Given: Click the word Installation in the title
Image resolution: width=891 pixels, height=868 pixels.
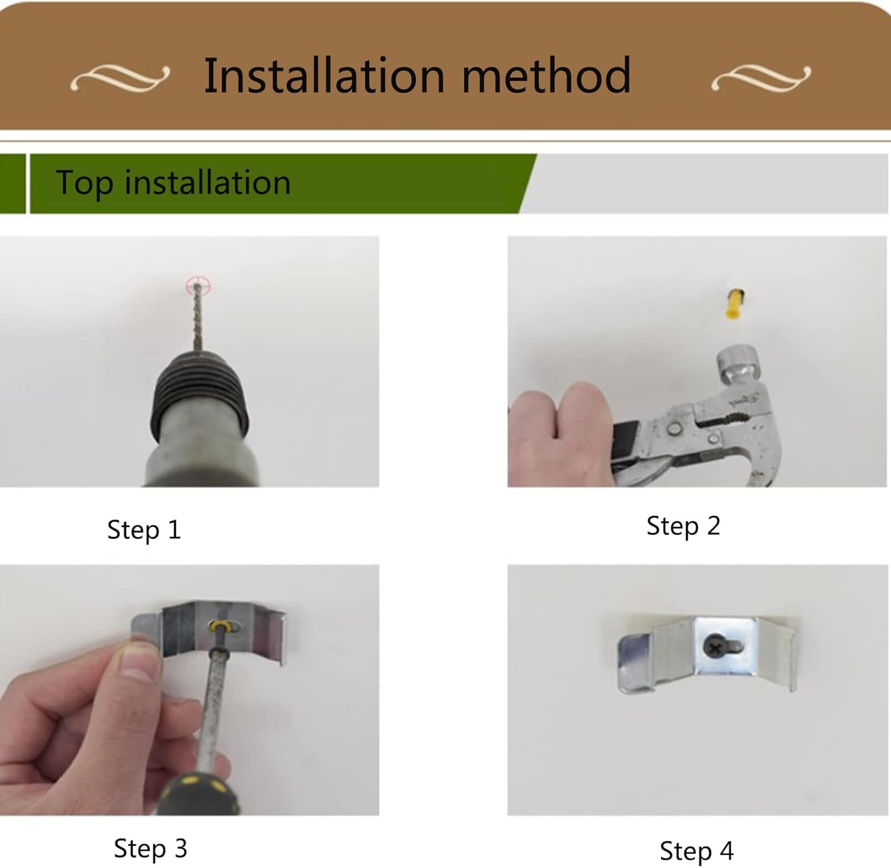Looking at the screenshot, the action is (x=324, y=75).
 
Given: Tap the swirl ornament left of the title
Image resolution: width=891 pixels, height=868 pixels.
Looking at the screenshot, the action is (x=120, y=78).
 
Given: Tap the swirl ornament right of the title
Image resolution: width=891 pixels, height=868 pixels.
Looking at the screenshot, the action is (x=761, y=78).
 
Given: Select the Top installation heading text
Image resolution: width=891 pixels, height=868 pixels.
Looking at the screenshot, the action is (x=173, y=182).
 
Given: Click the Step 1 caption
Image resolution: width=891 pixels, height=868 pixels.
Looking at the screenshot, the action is (x=144, y=529).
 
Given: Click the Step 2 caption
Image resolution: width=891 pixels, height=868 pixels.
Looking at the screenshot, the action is (x=683, y=526).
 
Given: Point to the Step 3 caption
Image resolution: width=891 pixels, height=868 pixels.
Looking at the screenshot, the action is (x=150, y=848).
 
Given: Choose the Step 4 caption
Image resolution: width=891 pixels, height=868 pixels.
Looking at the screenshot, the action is (x=696, y=851).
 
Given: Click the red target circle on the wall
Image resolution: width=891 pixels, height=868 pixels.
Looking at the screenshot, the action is (x=198, y=286).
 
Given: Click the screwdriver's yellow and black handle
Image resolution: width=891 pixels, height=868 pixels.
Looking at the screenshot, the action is (x=199, y=793).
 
